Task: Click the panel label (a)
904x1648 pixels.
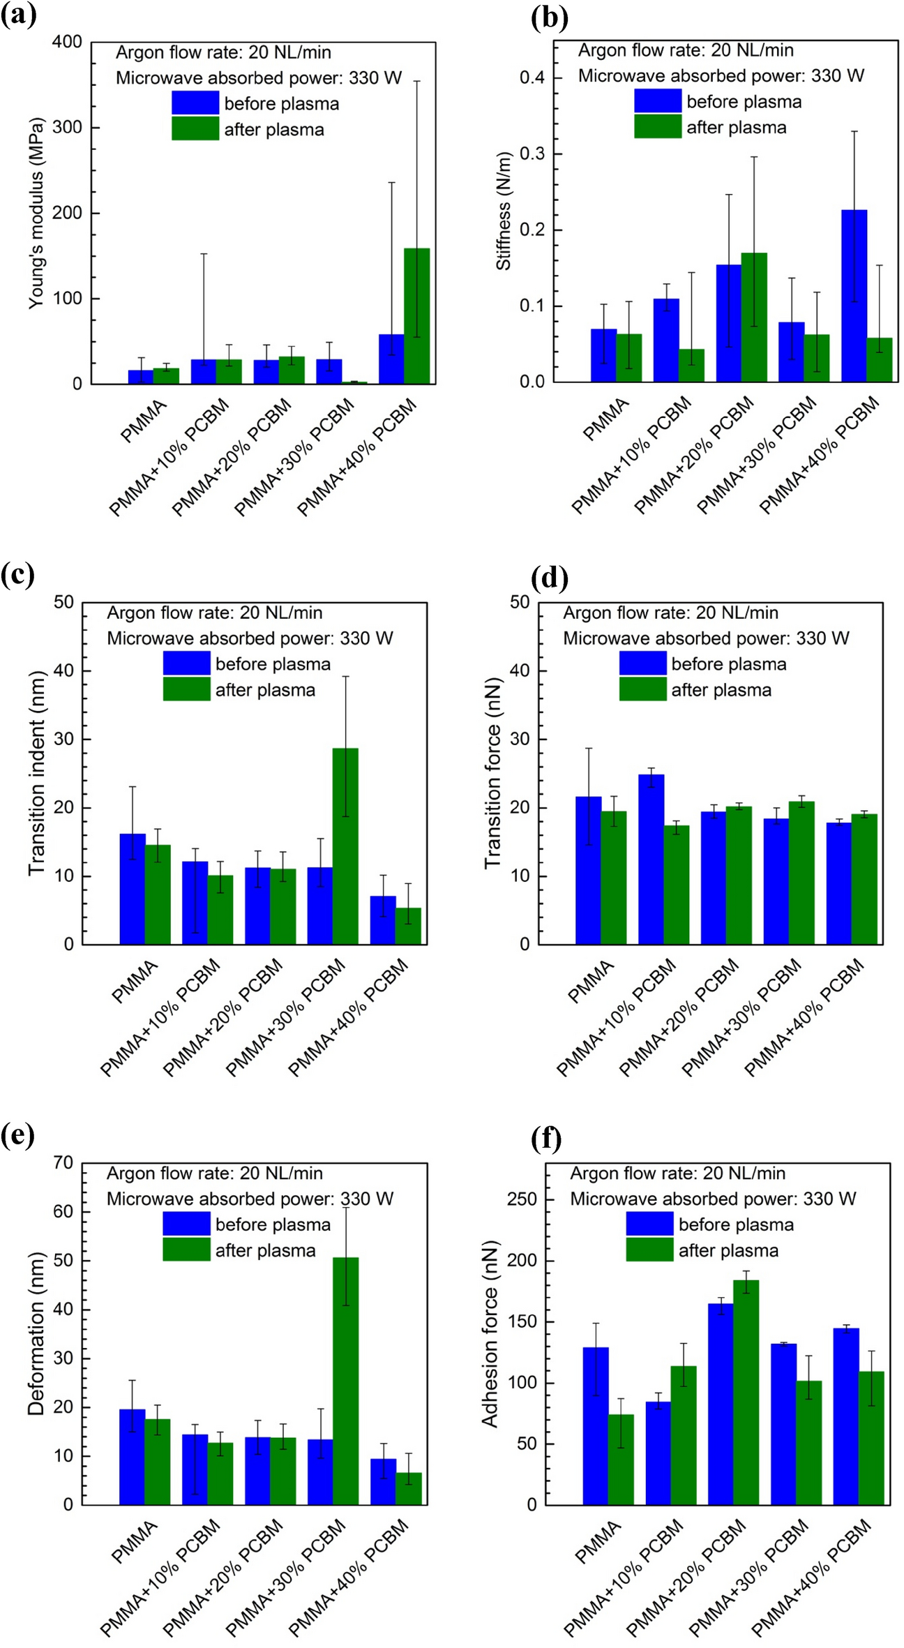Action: (19, 15)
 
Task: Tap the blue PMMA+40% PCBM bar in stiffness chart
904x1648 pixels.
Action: (854, 296)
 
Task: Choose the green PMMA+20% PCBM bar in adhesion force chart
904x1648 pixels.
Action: (746, 1392)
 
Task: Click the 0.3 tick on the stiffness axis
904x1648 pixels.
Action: (532, 153)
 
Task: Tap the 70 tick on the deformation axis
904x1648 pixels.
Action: (63, 1162)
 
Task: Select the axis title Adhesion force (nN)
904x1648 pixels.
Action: (490, 1333)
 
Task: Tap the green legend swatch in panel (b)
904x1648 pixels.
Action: (657, 127)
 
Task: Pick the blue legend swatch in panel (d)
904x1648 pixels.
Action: (642, 664)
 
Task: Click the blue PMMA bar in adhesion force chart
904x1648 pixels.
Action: (596, 1425)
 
